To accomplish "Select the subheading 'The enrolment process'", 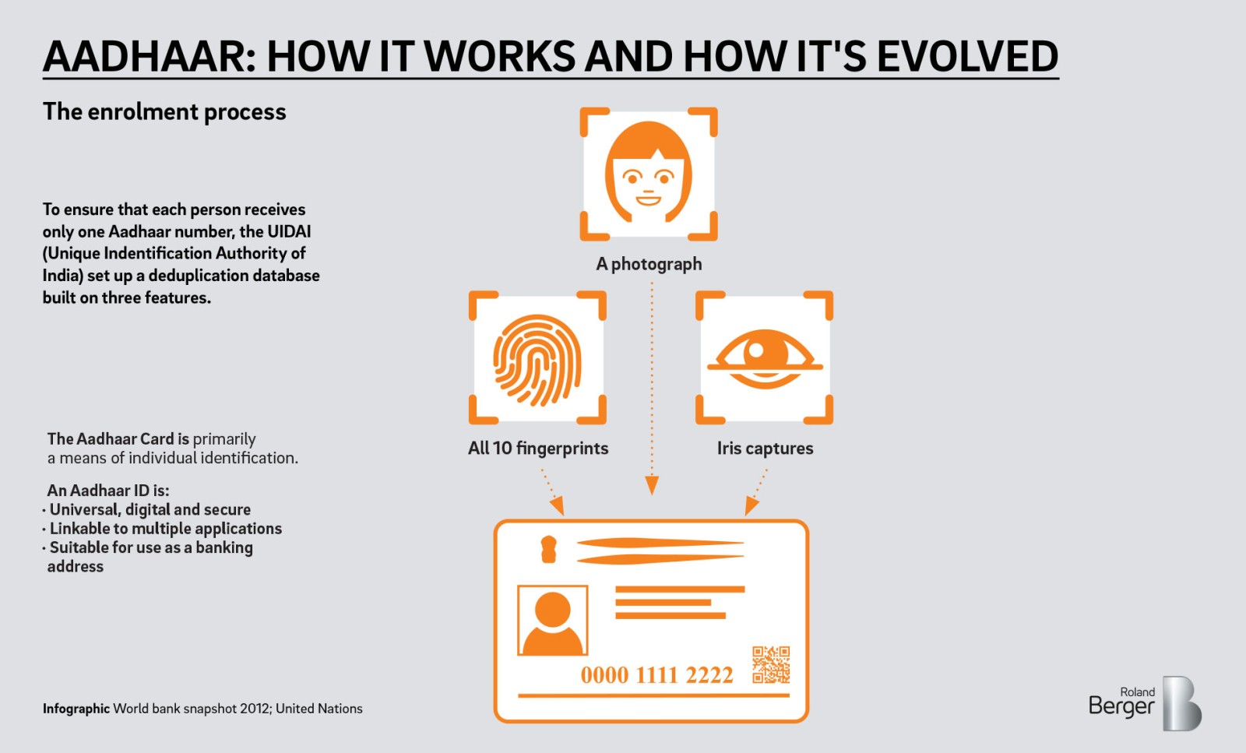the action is coord(164,112).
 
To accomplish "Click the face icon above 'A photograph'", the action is coord(648,174).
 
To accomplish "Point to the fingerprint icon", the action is coord(537,359).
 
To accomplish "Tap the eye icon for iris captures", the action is coord(764,359).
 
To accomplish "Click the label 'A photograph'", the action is coord(649,264).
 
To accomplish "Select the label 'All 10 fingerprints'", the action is coord(538,448).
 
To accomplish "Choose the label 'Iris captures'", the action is coord(765,448).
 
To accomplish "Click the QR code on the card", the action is coord(771,664).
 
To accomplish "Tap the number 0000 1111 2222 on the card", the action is coord(656,675).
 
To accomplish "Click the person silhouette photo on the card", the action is coord(552,621).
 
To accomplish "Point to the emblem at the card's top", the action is coord(549,549).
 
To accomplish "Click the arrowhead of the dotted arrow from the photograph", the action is coord(653,486).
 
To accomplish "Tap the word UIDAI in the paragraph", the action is coord(289,231).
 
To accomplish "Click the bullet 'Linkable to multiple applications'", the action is coord(165,528).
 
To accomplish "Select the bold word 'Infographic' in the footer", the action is coord(76,709).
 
